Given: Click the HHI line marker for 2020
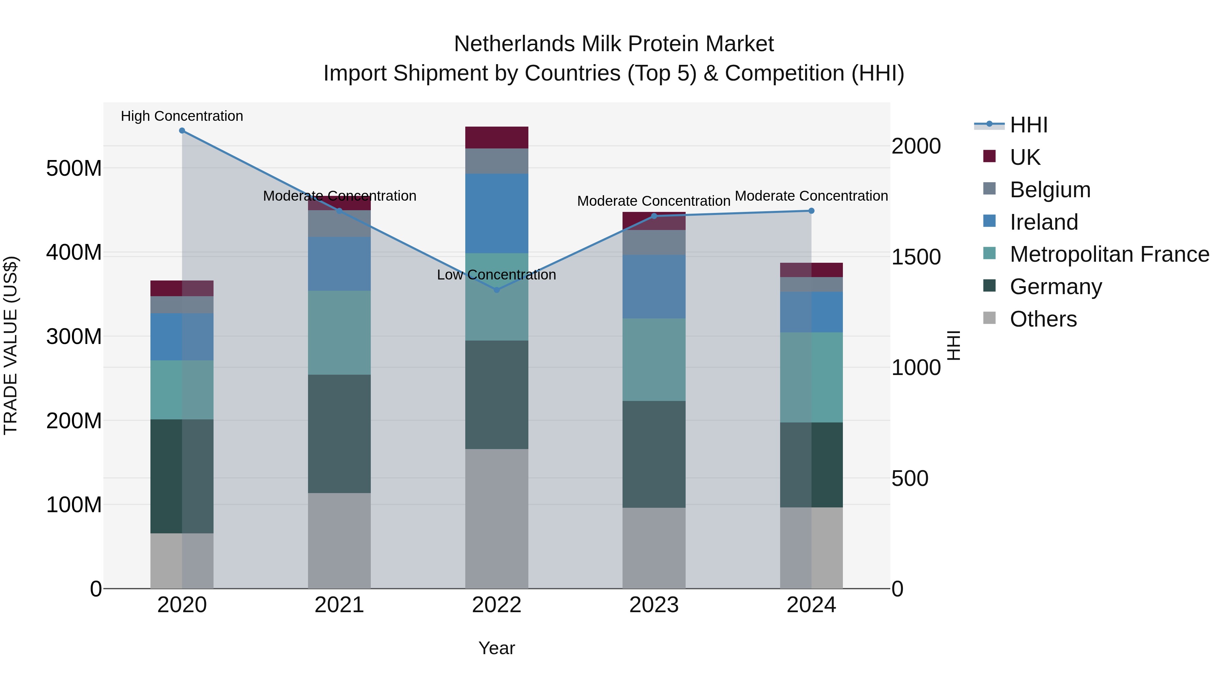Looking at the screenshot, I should (x=182, y=131).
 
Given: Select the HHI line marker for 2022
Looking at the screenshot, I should (x=497, y=290).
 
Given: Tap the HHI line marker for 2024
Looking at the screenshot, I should (x=812, y=211).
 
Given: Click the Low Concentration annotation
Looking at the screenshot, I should (x=496, y=275).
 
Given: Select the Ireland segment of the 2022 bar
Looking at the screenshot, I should (x=497, y=213).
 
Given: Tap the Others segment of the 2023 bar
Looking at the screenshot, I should (x=654, y=548).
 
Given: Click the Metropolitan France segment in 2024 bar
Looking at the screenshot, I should (x=812, y=377).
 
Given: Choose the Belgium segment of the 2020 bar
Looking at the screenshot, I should (x=182, y=305).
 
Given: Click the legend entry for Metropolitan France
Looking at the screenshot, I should (x=1109, y=254).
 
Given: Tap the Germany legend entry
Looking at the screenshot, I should (x=1055, y=287).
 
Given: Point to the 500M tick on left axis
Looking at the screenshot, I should (x=74, y=168).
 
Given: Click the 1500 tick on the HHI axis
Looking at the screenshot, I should (x=916, y=257).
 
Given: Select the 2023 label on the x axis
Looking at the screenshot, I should (x=654, y=605).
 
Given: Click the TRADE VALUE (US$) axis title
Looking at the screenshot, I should (x=11, y=345).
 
